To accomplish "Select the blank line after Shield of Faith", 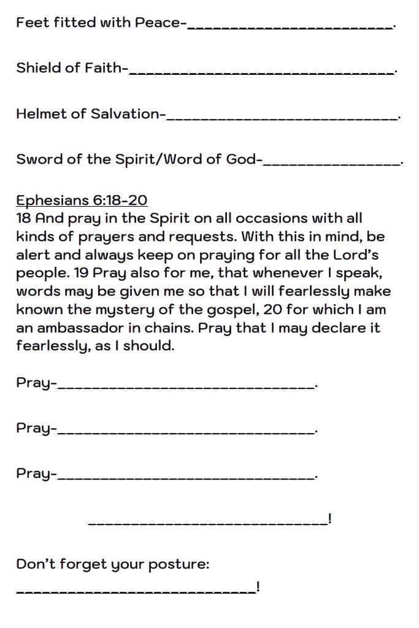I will (x=262, y=71).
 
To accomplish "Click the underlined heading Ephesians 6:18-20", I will (x=82, y=201).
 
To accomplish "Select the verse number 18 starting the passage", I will (x=23, y=218).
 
